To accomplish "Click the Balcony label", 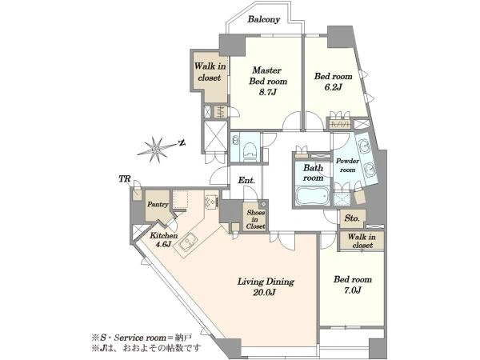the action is click(263, 19).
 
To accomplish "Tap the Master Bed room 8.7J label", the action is click(268, 81).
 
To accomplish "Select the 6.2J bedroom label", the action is click(333, 82).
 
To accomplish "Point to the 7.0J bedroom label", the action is click(353, 284).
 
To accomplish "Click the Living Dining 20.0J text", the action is click(266, 287).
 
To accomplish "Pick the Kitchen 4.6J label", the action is click(163, 240).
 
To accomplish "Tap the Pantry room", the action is click(158, 206).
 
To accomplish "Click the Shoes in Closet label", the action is click(256, 219).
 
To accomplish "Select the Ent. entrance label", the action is click(246, 180).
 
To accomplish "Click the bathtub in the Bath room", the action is click(312, 195).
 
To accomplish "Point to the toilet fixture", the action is click(250, 150).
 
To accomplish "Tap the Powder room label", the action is click(347, 166).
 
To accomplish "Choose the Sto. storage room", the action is click(352, 218).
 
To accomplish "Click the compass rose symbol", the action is click(156, 150).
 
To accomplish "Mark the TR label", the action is click(125, 178).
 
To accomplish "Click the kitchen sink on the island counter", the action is click(186, 242).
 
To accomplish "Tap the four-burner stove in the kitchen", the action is click(211, 202).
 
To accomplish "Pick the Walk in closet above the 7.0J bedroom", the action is click(362, 242).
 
